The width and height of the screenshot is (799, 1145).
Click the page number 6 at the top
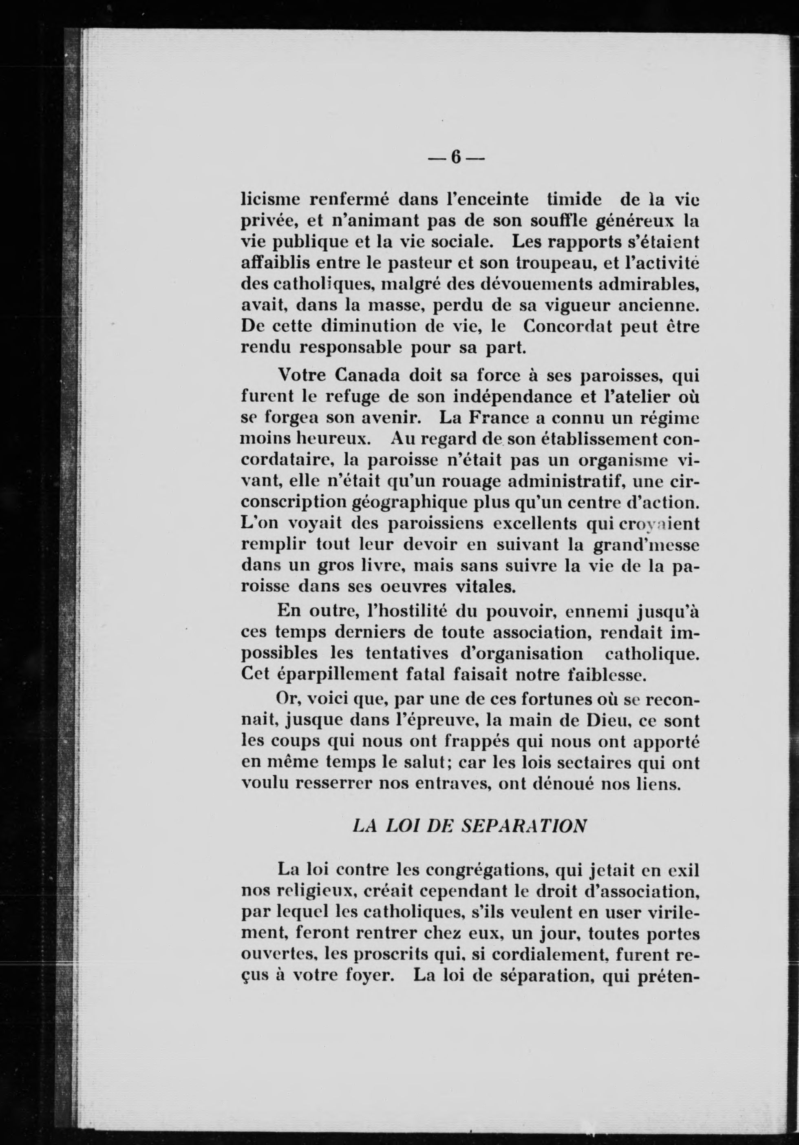point(456,157)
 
